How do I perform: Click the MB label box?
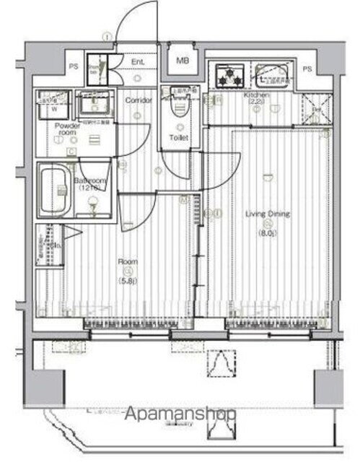tap(182, 61)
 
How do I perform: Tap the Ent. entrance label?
tap(137, 63)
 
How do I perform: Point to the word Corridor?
tap(139, 100)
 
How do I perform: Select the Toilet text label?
tap(178, 137)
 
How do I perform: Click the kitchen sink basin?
tap(272, 74)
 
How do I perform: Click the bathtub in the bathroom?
tap(53, 183)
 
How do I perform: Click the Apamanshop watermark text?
tap(181, 415)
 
